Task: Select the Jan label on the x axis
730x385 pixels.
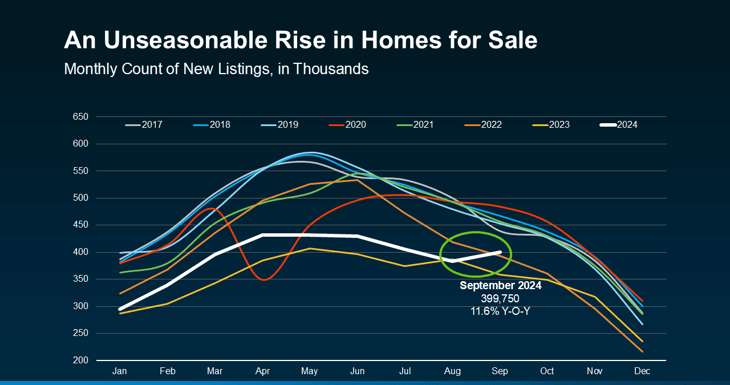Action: (120, 371)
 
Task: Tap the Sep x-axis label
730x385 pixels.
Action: (500, 371)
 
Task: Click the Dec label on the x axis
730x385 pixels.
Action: (642, 371)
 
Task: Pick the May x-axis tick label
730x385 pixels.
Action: (310, 371)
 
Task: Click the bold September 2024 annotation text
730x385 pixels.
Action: (500, 286)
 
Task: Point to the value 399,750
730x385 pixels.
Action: (500, 298)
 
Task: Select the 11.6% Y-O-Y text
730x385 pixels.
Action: (500, 311)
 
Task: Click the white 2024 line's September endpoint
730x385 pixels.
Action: (500, 252)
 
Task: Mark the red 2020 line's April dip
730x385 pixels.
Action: (262, 279)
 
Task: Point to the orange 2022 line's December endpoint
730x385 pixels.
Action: (642, 351)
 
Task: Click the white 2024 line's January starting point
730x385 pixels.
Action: (120, 309)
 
